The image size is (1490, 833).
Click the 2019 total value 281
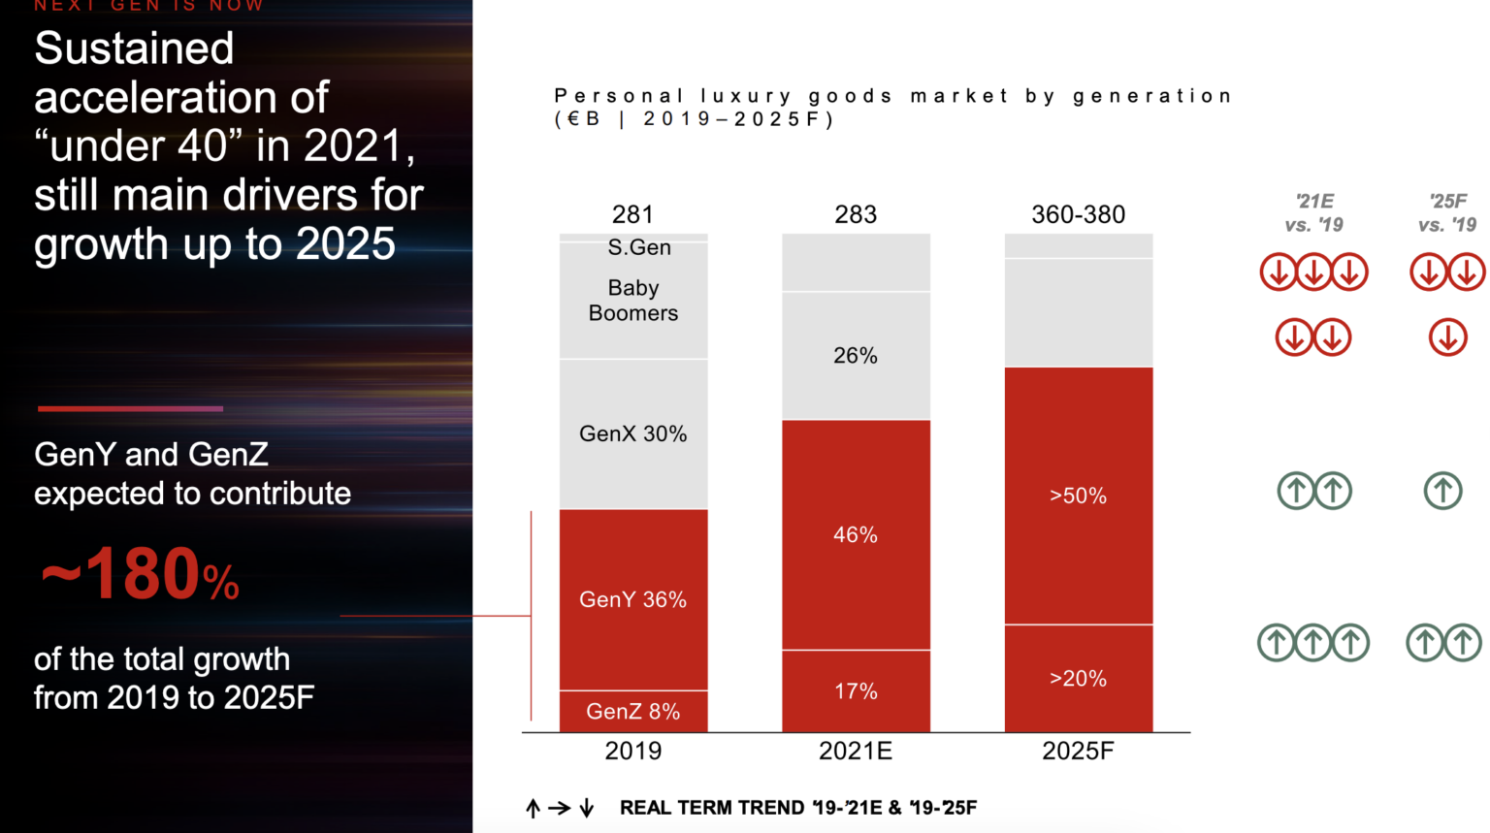click(632, 214)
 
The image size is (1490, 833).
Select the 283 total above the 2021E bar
click(856, 214)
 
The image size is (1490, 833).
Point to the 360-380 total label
click(1078, 214)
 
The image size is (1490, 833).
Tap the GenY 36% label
click(632, 599)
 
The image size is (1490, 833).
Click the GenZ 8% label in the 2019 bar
click(632, 711)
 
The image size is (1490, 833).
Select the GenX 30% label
click(632, 433)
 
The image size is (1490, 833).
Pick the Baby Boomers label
click(632, 301)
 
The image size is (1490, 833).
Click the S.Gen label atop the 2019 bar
click(638, 247)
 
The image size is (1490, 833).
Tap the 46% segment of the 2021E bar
click(856, 534)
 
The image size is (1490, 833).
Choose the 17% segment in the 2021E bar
click(856, 691)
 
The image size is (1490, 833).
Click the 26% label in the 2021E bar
click(856, 356)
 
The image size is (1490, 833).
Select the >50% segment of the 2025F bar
click(1078, 496)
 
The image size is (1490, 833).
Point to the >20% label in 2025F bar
click(1078, 678)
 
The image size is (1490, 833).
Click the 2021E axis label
click(856, 751)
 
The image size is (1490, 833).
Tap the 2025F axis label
click(1078, 751)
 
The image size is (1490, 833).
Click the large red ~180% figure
click(140, 575)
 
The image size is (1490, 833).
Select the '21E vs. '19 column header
click(1313, 213)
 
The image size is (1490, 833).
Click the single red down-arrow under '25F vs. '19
click(1447, 337)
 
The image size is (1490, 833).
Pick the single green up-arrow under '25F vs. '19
click(1442, 491)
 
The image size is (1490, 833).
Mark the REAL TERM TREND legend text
click(797, 808)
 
